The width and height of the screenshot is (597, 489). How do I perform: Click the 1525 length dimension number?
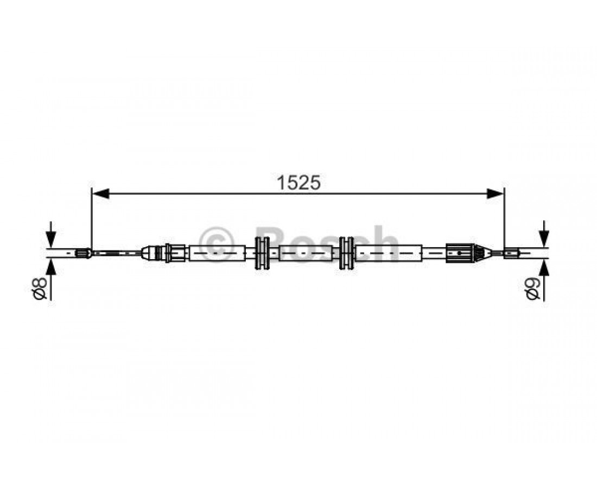pos(298,183)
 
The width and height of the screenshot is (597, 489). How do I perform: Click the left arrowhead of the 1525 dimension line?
pos(101,193)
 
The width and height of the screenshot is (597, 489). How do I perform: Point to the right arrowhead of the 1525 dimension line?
pos(495,193)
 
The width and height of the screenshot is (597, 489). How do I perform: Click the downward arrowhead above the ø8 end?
pos(50,240)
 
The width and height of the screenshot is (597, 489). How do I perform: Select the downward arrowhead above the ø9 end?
pos(544,240)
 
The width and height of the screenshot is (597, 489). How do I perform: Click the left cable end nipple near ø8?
pos(84,253)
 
